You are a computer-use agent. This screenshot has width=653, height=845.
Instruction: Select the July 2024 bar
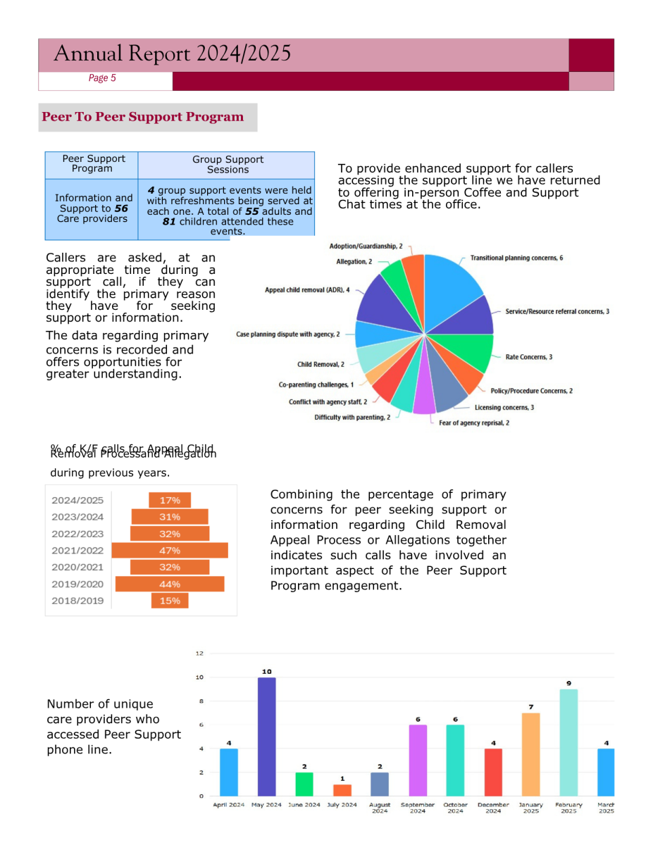coord(342,790)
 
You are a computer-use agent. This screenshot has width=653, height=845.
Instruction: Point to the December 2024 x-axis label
coord(493,808)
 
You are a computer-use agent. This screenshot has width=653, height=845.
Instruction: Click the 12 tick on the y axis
coord(199,653)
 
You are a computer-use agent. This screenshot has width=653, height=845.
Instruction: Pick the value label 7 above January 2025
coord(530,706)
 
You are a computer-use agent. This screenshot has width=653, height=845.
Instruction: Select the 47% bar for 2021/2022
coord(170,551)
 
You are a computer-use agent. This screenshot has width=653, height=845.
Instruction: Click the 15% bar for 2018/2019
coord(170,601)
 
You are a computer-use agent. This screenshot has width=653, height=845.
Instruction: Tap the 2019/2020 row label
coord(77,584)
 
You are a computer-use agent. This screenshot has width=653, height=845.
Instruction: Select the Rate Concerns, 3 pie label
coord(528,357)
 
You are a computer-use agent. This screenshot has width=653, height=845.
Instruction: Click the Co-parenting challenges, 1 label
coord(316,385)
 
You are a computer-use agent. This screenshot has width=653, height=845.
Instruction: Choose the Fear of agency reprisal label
coord(474,423)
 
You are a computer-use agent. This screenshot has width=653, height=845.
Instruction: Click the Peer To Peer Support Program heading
coord(143,117)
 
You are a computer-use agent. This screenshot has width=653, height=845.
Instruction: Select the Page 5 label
coord(102,78)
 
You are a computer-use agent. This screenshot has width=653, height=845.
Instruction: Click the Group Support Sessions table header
coord(228,165)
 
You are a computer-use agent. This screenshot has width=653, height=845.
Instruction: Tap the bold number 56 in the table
coord(121,208)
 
